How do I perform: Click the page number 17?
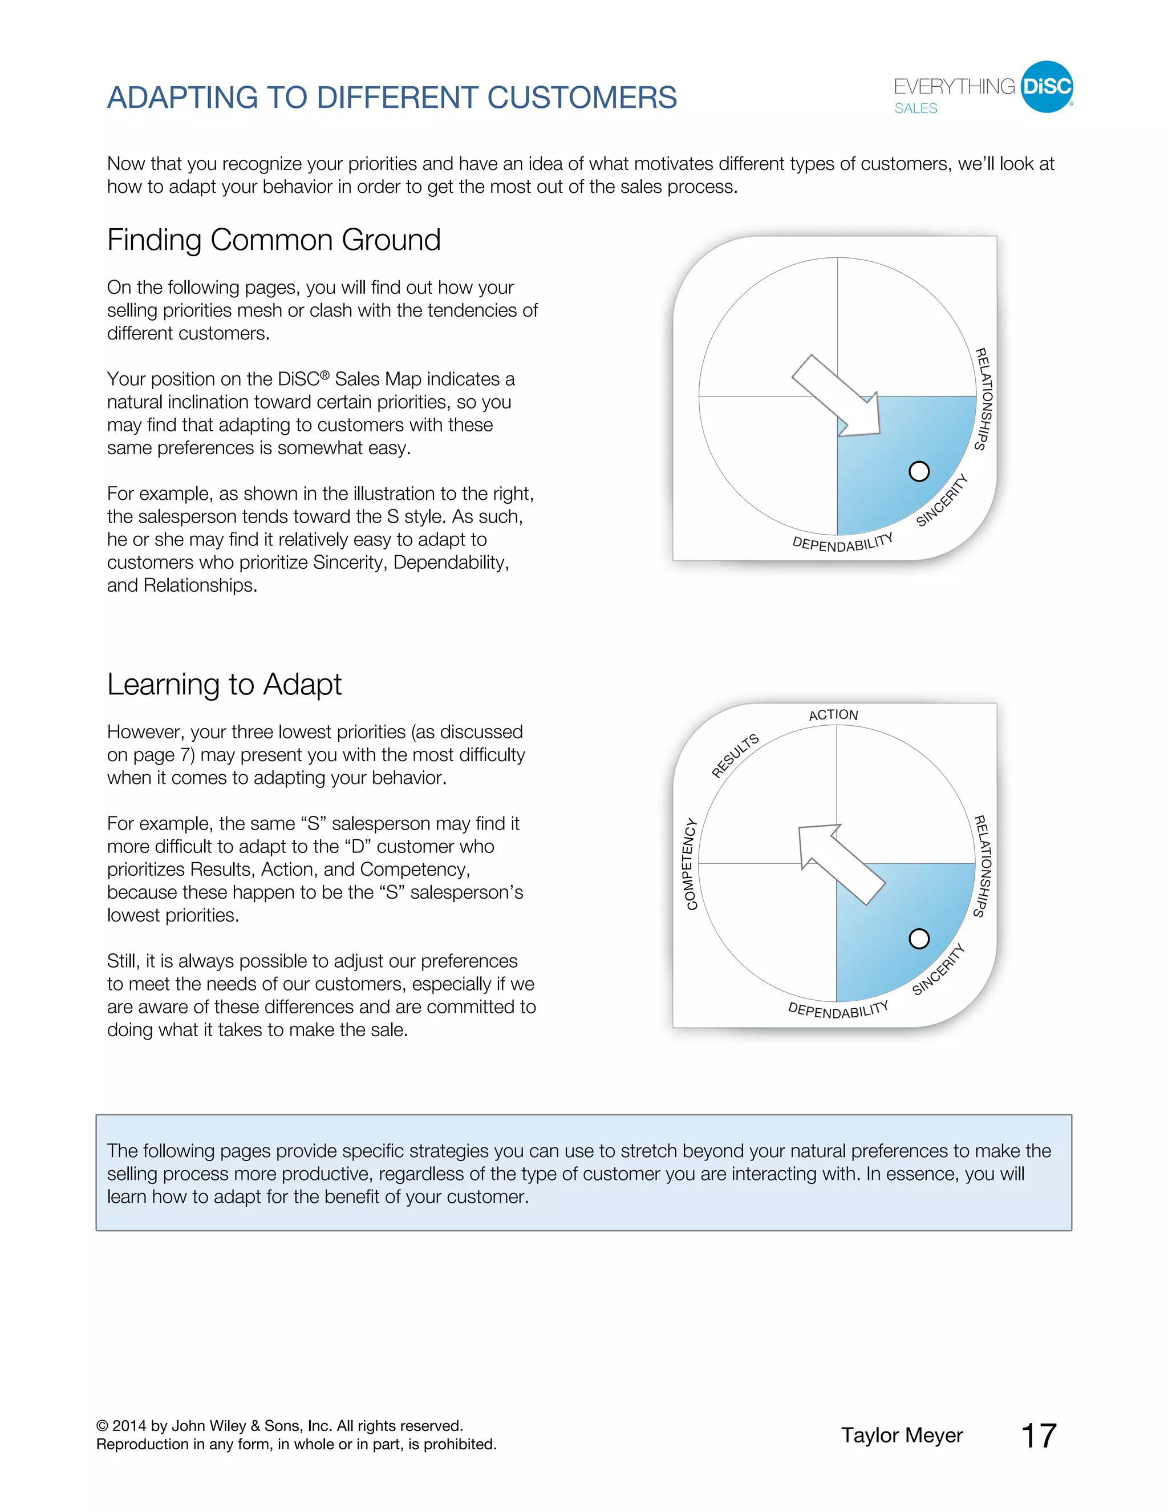tap(1039, 1436)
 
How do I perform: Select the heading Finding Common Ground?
tap(273, 240)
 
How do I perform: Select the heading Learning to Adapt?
tap(224, 684)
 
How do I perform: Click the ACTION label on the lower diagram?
tap(833, 714)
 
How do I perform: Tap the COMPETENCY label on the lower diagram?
tap(690, 863)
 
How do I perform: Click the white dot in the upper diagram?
tap(919, 471)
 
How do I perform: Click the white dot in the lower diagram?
tap(919, 939)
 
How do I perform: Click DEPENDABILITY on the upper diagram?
tap(842, 543)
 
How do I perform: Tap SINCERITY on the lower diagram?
tap(938, 969)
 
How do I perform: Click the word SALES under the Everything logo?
tap(915, 108)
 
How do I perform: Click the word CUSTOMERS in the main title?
tap(581, 98)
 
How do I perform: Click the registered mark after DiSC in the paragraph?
tap(325, 374)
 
